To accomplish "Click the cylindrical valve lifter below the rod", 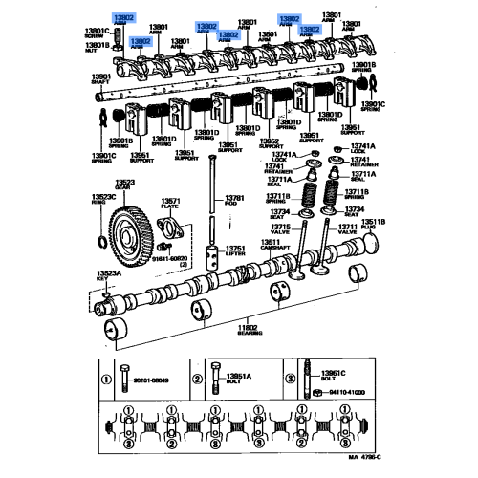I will coord(212,250).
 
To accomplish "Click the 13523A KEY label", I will coord(107,276).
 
